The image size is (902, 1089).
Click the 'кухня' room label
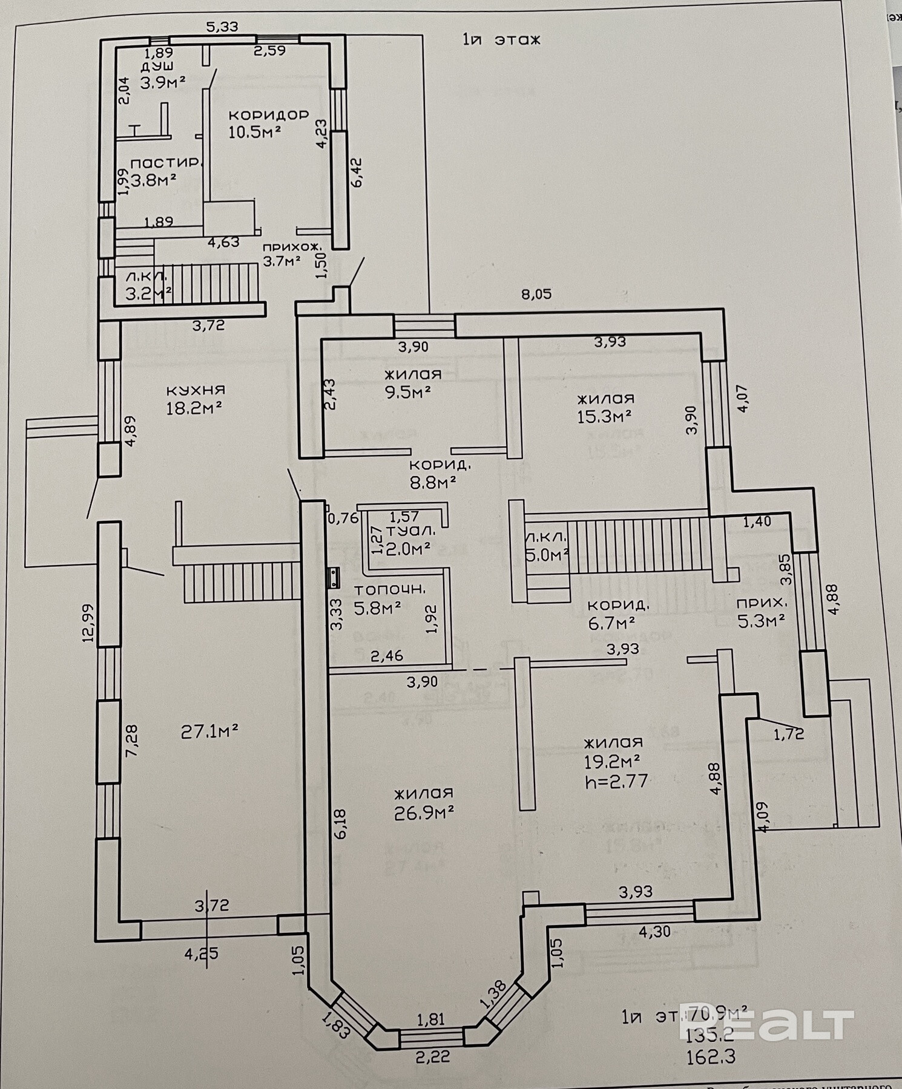coord(195,390)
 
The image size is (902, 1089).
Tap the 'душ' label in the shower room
coord(157,66)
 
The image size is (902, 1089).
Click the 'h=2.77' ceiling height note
coord(616,781)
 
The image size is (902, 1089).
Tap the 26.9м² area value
coord(424,813)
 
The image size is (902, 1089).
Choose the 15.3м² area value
coord(605,417)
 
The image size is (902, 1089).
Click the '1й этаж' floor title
coord(501,40)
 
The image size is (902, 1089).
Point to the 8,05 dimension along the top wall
coord(537,295)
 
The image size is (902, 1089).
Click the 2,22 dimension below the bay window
coord(432,1057)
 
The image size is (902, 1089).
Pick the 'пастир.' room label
coord(165,163)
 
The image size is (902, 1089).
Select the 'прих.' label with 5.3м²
coord(762,603)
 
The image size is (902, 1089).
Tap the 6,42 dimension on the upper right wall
coord(357,172)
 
